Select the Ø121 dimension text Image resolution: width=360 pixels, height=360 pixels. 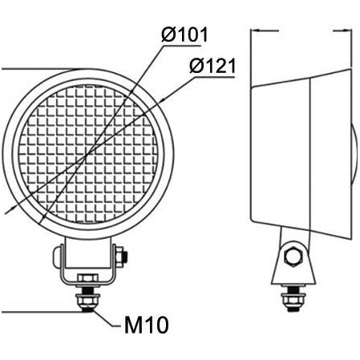(212, 67)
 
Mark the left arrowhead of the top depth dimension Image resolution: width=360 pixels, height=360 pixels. (257, 30)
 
